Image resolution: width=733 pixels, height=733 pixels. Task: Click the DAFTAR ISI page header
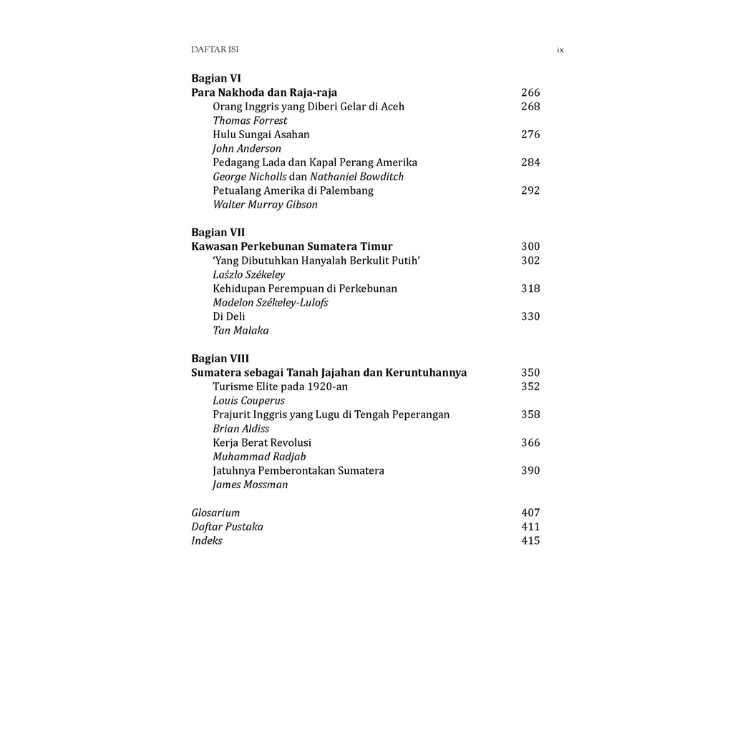click(215, 49)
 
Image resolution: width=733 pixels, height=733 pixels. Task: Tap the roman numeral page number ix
click(560, 50)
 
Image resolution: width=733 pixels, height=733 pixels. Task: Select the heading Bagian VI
click(215, 78)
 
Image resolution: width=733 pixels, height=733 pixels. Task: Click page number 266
click(530, 92)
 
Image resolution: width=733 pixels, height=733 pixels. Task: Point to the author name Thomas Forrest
click(250, 120)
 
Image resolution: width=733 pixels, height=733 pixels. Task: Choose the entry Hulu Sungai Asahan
click(261, 135)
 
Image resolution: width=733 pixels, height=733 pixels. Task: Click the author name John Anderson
click(247, 148)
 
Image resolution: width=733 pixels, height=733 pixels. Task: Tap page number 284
click(530, 162)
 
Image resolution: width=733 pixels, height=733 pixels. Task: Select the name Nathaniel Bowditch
click(356, 176)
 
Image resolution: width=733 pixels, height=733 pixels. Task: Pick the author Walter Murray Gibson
click(265, 205)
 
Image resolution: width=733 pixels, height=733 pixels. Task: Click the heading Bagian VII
click(218, 233)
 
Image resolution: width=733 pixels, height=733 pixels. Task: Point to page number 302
click(530, 261)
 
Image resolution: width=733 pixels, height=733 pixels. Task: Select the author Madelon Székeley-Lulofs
click(271, 303)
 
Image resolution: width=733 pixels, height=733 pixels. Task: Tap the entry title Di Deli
click(229, 316)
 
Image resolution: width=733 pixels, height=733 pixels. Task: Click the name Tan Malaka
click(241, 331)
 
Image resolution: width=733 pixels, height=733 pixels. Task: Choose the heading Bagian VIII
click(220, 359)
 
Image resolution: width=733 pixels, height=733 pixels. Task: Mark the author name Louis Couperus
click(248, 401)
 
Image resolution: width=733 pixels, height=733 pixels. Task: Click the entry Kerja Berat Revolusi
click(262, 442)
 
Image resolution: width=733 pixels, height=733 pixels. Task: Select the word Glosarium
click(215, 513)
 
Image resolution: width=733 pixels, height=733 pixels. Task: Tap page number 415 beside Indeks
click(530, 540)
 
